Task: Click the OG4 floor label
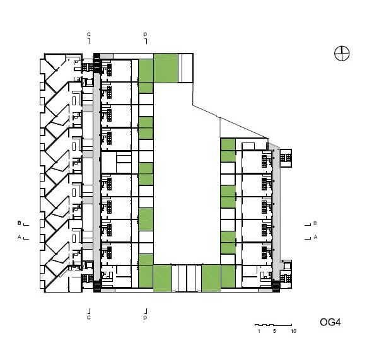coord(330,322)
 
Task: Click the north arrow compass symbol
coord(342,54)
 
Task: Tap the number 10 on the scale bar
coord(293,331)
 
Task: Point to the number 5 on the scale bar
coord(274,331)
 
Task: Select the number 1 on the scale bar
coord(259,331)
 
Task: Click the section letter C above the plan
coord(89,35)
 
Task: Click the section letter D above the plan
coord(145,35)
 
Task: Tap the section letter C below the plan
coord(89,318)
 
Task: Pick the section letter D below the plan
coord(145,318)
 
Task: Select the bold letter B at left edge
coord(19,223)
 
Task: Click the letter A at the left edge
coord(19,237)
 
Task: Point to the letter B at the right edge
coord(315,223)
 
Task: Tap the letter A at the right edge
coord(315,237)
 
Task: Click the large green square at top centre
coord(166,68)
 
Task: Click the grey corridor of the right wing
coord(276,211)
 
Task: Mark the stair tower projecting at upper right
coord(286,158)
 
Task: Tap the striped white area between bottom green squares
coord(187,278)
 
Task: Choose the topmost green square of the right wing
coord(228,144)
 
